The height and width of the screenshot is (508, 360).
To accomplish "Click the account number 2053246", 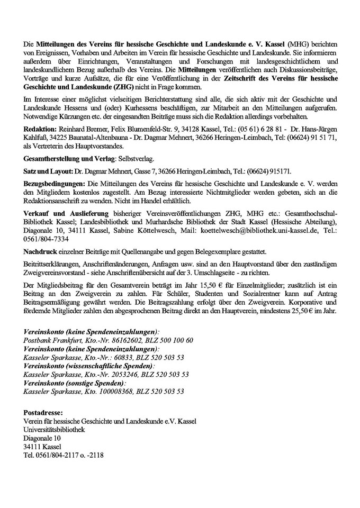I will [116, 374].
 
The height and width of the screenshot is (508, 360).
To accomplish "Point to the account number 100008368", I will [113, 392].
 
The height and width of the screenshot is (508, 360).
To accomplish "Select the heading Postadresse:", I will [43, 412].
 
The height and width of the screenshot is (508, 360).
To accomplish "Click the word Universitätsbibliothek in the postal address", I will [54, 429].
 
